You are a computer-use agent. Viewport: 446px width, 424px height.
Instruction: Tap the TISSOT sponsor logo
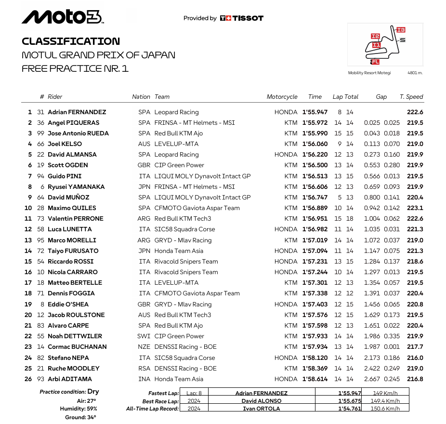(x=242, y=18)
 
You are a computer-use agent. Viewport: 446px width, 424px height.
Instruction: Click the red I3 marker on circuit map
(x=401, y=30)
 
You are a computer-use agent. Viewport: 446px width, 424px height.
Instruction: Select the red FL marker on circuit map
(x=375, y=62)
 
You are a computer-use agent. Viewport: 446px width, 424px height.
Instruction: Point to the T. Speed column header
(x=411, y=97)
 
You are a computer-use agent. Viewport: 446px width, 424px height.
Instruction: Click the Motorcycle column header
(x=282, y=97)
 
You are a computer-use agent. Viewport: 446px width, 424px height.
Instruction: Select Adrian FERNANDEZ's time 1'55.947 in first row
(x=315, y=112)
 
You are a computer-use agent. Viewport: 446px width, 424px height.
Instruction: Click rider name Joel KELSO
(x=65, y=144)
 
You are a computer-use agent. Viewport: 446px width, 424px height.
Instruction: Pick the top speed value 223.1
(x=415, y=208)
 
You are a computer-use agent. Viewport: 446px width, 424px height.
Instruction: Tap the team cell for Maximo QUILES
(x=197, y=208)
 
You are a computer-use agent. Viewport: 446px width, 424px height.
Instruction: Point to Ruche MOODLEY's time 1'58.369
(x=315, y=369)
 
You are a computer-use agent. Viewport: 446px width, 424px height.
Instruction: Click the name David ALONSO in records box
(x=262, y=401)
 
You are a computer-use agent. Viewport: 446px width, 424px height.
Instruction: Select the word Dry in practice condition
(x=93, y=392)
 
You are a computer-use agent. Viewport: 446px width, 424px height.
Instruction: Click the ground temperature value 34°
(x=91, y=417)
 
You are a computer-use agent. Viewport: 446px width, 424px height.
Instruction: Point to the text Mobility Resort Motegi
(x=369, y=73)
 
